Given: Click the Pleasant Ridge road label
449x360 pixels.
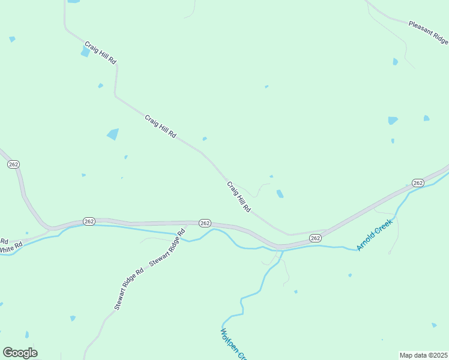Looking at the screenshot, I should tap(428, 32).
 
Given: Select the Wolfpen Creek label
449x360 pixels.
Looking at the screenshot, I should tap(233, 344).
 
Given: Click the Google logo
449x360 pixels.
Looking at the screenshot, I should tap(20, 353).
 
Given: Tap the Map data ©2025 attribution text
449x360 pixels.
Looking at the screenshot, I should tap(423, 355).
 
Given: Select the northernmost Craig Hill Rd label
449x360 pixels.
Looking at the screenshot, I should tap(100, 53).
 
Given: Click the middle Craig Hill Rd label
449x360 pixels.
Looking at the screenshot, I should tap(160, 127).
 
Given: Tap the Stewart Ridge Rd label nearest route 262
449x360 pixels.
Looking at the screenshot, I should tap(167, 248).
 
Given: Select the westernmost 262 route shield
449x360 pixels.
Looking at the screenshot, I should tap(14, 164).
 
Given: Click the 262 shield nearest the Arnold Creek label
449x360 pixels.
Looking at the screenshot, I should tap(316, 238).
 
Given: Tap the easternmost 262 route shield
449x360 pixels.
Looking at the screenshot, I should tap(418, 182).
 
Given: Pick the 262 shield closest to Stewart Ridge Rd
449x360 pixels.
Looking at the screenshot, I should tap(204, 223).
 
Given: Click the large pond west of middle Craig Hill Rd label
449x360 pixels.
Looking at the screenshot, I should tap(113, 134).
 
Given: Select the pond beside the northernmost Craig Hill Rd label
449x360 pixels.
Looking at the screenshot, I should tap(85, 52).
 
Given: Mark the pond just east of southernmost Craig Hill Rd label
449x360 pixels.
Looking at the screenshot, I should tap(280, 194).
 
